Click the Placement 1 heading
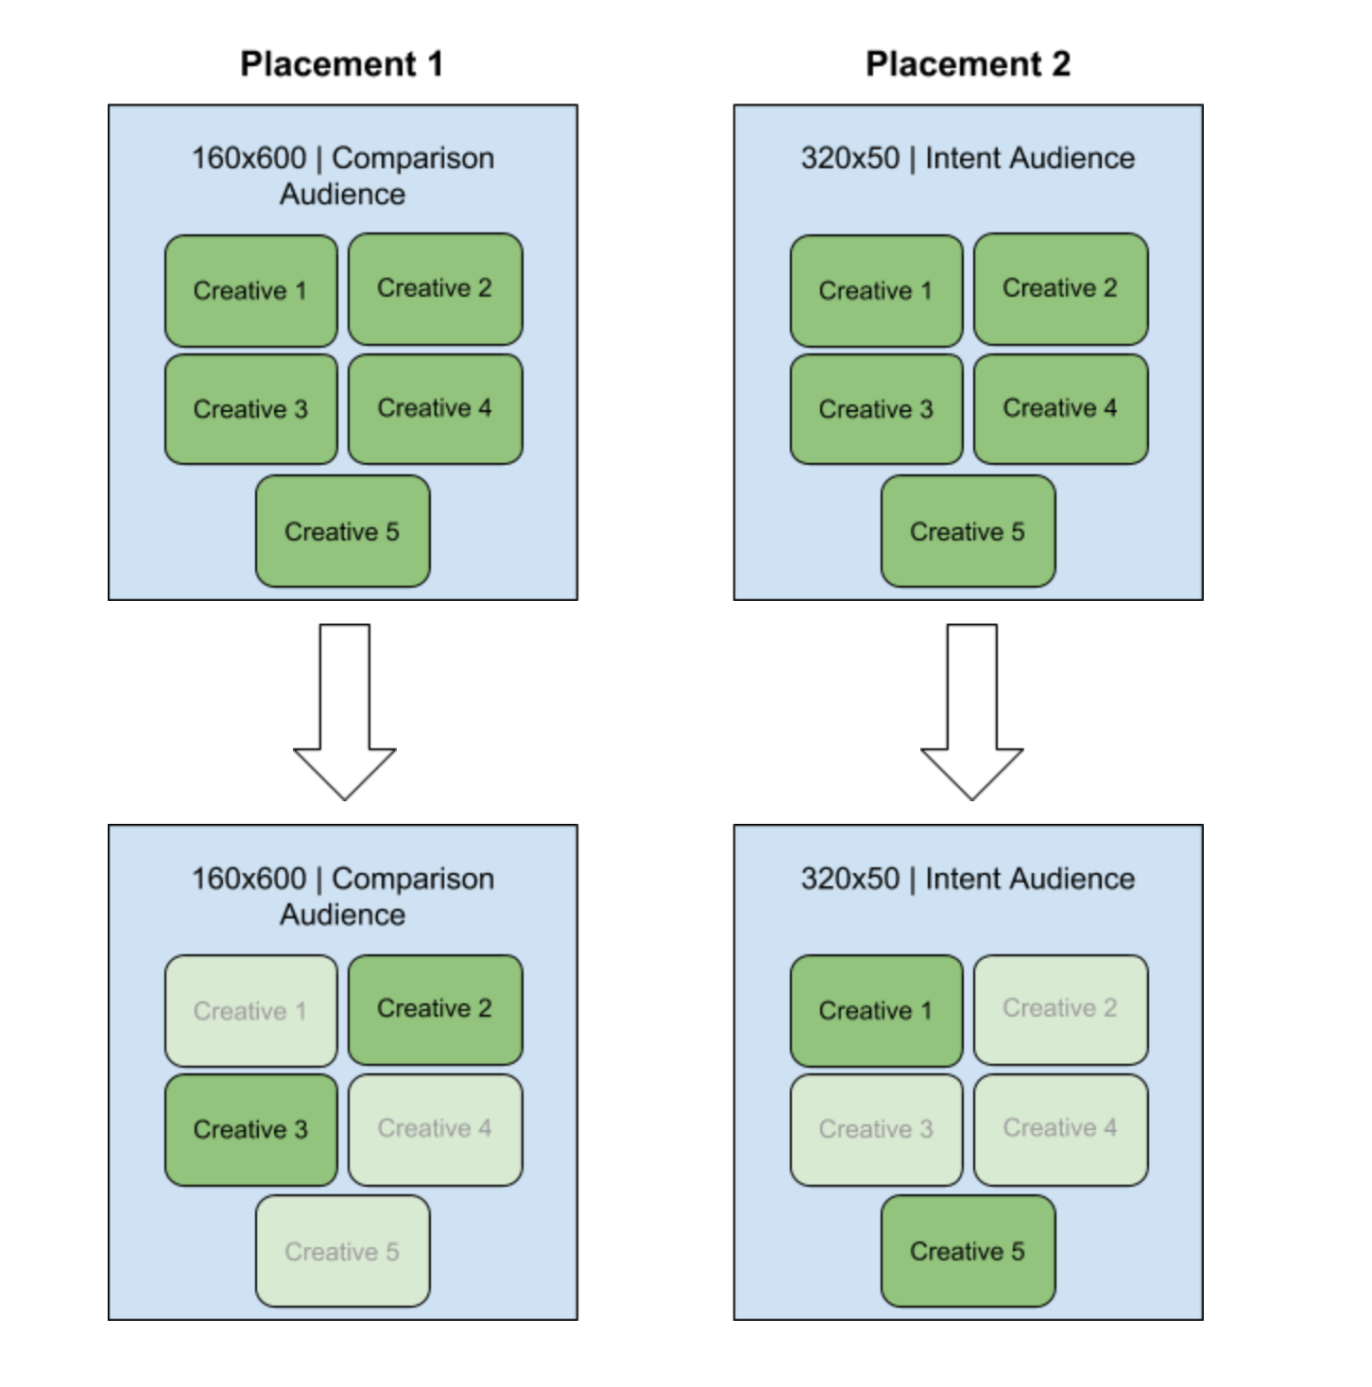coord(341,64)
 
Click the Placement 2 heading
coord(968,64)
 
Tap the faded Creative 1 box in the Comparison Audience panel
coord(250,1011)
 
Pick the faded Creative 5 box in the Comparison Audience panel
coord(342,1251)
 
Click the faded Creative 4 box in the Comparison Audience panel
coord(435,1128)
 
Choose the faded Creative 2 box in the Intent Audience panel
coord(1060,1009)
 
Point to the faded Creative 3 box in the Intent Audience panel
coord(876,1129)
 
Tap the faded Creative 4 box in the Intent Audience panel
coord(1060,1128)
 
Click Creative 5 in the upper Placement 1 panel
coord(342,531)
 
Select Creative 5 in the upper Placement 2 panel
coord(968,531)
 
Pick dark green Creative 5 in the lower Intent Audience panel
coord(968,1251)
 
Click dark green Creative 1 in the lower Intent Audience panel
coord(876,1011)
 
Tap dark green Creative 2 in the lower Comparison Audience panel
coord(435,1009)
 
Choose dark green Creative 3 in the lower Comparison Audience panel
coord(250,1129)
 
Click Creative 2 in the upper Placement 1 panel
coord(435,288)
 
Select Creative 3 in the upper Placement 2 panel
coord(876,409)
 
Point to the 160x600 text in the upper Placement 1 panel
coord(249,158)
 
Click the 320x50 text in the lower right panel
coord(849,879)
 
